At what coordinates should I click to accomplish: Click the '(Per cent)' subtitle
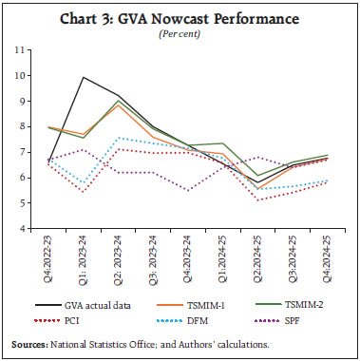coord(180,36)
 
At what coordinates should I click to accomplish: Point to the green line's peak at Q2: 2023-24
coord(119,101)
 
